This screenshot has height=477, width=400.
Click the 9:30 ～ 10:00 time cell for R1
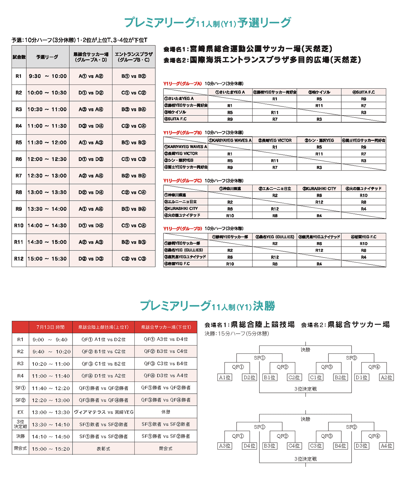[47, 76]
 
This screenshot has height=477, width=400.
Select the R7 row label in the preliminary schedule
[19, 176]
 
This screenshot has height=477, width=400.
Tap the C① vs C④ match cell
[133, 225]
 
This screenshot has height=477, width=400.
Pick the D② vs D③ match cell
[91, 259]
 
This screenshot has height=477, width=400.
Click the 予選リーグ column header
[47, 57]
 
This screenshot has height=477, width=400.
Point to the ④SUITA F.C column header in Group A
[363, 92]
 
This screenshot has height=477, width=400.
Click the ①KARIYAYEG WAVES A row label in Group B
[186, 146]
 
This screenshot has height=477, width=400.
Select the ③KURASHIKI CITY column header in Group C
[319, 188]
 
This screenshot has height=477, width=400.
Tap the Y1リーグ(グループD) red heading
[182, 228]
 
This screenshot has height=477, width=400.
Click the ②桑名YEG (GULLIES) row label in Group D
[186, 250]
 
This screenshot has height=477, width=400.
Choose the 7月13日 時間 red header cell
[50, 327]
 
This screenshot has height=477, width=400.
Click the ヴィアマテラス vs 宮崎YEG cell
[103, 412]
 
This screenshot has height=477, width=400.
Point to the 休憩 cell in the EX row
[166, 412]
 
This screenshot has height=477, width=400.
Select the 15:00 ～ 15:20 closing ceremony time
[51, 449]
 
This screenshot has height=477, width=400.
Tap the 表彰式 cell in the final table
[103, 449]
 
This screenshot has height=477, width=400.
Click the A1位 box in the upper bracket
[225, 377]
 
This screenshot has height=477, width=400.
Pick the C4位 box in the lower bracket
[294, 446]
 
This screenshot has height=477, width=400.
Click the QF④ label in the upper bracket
[374, 367]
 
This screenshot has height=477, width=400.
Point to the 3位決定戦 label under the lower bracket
[305, 459]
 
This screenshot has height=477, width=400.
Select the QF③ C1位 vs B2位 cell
[103, 364]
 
